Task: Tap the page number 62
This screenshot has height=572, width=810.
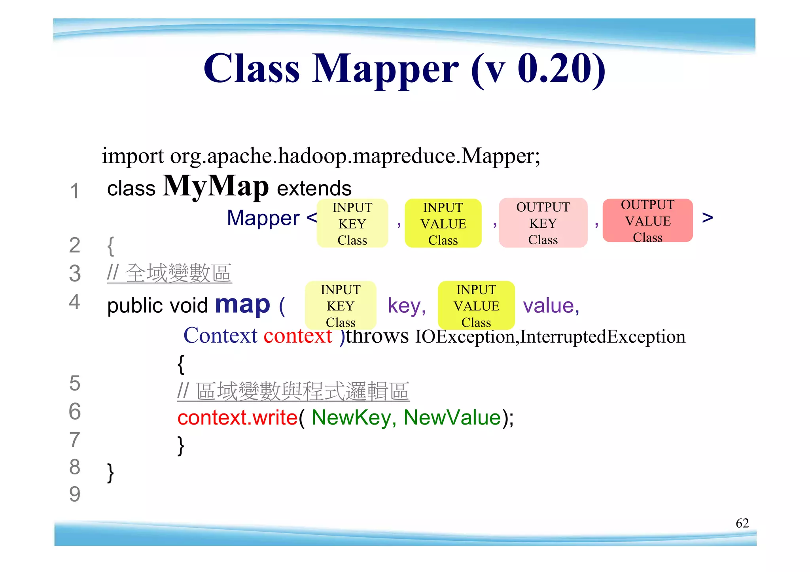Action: (x=742, y=523)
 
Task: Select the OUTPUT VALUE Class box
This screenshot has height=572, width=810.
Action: (x=647, y=221)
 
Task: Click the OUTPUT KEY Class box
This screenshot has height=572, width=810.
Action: (x=543, y=223)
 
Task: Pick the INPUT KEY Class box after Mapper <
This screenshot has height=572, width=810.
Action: (x=352, y=224)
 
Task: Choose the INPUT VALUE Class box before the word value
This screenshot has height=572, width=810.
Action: (x=476, y=306)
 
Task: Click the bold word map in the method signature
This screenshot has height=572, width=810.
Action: (x=242, y=304)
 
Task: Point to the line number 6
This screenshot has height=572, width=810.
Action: (x=75, y=412)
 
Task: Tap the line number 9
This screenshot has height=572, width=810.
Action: (x=75, y=494)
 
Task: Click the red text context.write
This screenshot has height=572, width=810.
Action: (x=237, y=417)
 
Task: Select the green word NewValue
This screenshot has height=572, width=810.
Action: (x=452, y=417)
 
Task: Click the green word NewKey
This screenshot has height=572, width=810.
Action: (x=351, y=417)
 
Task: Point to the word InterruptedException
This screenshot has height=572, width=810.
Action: (x=602, y=336)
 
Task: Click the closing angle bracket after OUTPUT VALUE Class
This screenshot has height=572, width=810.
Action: (x=707, y=217)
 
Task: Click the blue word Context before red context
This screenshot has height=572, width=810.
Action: (x=220, y=336)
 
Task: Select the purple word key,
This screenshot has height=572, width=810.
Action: (x=406, y=306)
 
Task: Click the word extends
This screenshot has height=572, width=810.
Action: (x=314, y=188)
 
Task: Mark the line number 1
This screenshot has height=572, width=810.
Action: (x=74, y=191)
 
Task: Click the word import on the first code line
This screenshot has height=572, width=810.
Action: (x=132, y=156)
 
